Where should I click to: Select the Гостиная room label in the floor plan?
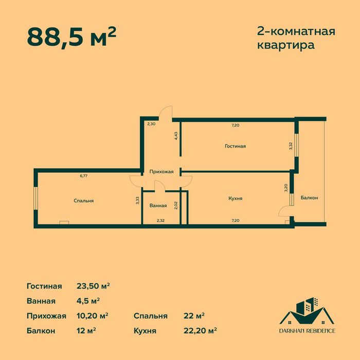click(x=235, y=146)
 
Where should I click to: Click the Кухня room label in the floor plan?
click(x=235, y=198)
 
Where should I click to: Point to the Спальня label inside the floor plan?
click(x=83, y=201)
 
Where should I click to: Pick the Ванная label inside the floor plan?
click(x=158, y=206)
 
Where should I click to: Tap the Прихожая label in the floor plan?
click(x=161, y=172)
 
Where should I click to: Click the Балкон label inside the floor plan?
click(x=309, y=198)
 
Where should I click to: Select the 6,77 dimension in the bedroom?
click(x=83, y=176)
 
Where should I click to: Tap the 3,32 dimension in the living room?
click(x=291, y=146)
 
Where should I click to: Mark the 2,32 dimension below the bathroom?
click(x=160, y=220)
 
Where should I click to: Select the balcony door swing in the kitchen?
click(x=284, y=211)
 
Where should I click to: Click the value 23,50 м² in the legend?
click(x=94, y=286)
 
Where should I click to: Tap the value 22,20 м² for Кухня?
click(x=200, y=330)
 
